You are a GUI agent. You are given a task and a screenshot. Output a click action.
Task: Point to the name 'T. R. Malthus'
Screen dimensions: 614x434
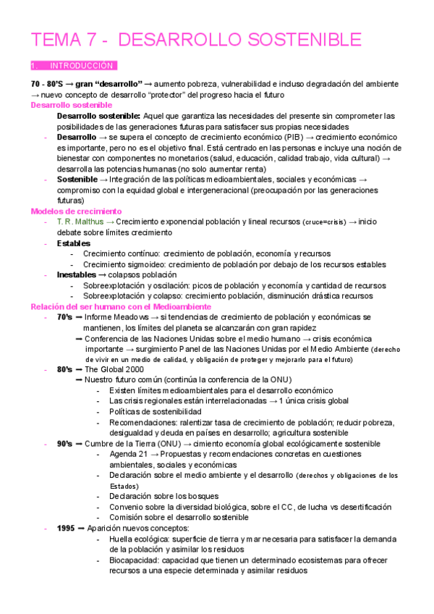click(x=80, y=222)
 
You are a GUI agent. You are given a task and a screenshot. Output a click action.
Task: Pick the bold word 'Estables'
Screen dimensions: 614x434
click(x=74, y=243)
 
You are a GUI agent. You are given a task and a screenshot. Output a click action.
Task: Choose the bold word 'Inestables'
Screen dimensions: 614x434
click(x=77, y=275)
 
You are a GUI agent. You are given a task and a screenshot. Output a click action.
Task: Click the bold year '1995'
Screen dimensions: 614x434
click(x=67, y=528)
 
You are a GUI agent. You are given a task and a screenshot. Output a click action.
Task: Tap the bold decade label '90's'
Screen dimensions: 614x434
click(x=64, y=443)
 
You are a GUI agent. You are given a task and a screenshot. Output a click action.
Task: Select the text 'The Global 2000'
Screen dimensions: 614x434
click(x=114, y=369)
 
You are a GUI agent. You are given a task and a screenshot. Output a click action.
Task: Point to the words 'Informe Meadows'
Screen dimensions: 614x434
click(x=116, y=317)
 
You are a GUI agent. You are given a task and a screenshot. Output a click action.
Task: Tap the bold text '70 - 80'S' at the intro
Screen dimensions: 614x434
click(x=48, y=84)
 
